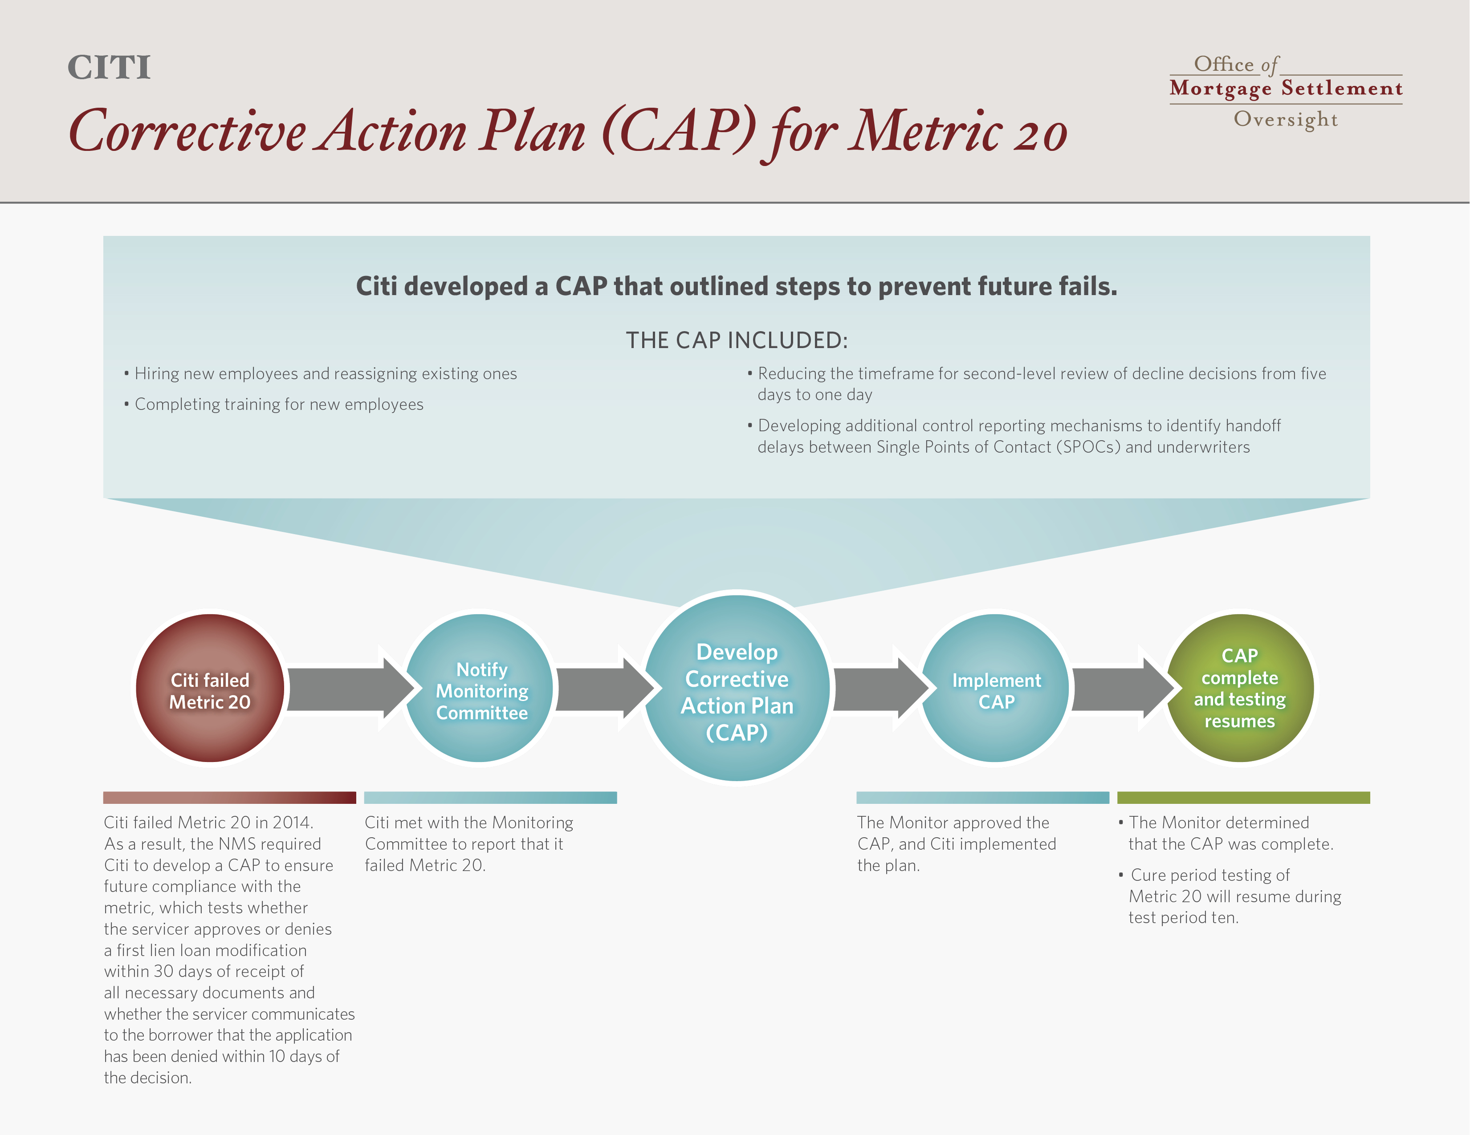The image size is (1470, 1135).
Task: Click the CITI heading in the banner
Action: tap(109, 67)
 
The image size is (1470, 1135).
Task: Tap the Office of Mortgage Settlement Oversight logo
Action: tap(1286, 91)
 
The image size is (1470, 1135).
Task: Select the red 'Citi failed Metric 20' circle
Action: tap(210, 688)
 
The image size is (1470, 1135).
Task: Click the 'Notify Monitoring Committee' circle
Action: tap(479, 688)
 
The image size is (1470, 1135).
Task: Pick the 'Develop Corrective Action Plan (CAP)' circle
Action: tap(737, 688)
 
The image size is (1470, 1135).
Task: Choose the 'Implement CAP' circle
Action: tap(995, 688)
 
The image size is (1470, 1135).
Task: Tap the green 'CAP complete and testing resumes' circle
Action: tap(1240, 688)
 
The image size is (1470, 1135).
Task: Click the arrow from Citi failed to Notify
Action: tap(350, 688)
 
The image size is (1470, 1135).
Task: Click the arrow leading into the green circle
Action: tap(1123, 688)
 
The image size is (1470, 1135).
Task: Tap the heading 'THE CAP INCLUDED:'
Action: tap(737, 340)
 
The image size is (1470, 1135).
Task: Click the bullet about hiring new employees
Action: tap(320, 374)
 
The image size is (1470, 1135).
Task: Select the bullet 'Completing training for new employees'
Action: tap(273, 404)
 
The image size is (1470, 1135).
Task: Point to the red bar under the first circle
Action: tap(229, 797)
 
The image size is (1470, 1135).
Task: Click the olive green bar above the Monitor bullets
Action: tap(1243, 797)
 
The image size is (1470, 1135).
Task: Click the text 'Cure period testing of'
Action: tap(1209, 876)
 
